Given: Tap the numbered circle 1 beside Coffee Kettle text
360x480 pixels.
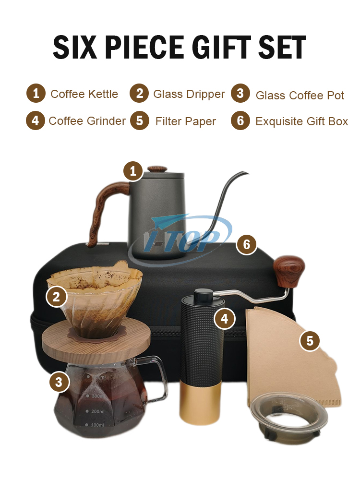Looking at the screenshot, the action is coord(36,93).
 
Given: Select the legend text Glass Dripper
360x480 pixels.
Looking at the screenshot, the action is coord(189,94).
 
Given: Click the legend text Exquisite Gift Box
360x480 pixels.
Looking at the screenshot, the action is coord(302,121).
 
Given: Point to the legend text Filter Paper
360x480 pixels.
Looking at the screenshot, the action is coord(185,121).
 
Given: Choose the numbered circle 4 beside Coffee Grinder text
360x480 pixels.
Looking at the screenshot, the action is coord(36,120).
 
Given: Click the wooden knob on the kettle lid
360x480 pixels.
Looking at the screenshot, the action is coord(157,169).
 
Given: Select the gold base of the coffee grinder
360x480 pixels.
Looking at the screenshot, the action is coord(200,403).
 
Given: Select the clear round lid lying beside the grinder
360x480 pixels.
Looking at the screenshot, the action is coord(288,413).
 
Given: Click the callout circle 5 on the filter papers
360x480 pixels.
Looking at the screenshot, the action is coord(310,340).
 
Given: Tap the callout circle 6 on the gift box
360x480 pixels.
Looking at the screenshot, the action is coord(246,244).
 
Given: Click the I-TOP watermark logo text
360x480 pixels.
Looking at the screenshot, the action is coord(182,241).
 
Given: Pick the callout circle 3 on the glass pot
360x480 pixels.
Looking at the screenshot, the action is coord(59,382).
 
